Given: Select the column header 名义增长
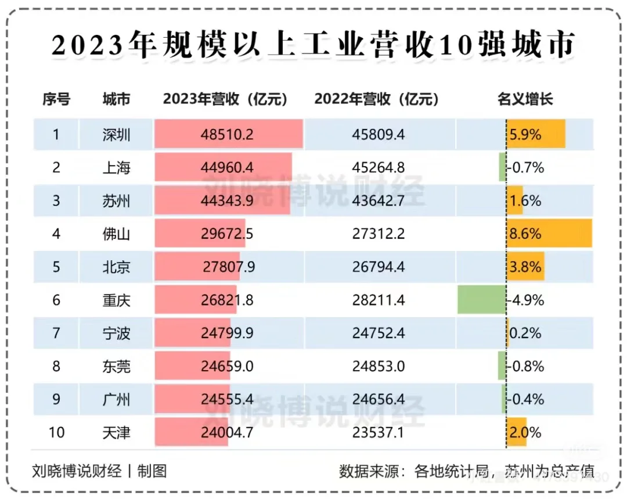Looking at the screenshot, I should click(525, 99).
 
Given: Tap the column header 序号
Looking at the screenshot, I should click(56, 99).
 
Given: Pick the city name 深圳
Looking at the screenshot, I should click(116, 135).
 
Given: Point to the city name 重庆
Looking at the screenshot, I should click(116, 300).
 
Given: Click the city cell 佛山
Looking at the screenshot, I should click(116, 234).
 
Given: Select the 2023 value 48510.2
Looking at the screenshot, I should click(228, 135).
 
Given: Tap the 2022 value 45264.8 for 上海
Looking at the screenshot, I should click(379, 168).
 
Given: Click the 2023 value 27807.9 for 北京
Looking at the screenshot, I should click(229, 267).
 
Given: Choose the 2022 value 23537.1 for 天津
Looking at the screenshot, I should click(379, 433).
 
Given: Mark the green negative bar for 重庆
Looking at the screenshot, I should click(481, 300).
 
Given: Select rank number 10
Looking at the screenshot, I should click(56, 433).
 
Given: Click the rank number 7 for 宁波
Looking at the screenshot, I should click(56, 333).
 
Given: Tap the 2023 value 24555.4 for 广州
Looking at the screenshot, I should click(228, 400).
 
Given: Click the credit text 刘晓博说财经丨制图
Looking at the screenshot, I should click(99, 471).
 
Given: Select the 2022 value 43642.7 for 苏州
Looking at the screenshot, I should click(379, 201).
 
